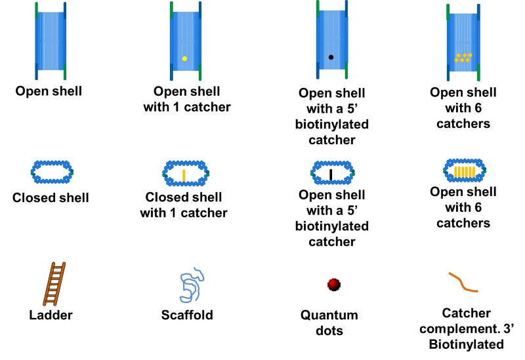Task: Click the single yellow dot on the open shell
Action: click(184, 59)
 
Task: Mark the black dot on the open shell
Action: click(331, 58)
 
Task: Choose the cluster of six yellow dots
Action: click(463, 58)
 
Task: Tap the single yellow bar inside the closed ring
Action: click(184, 175)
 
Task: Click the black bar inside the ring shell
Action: click(331, 174)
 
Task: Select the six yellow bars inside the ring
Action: click(463, 172)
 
